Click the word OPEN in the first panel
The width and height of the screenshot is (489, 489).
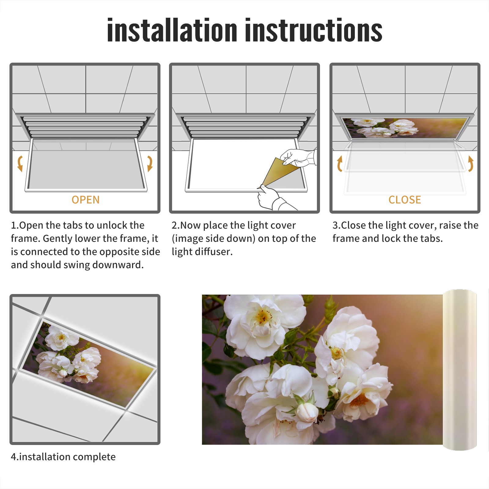pyautogui.click(x=86, y=200)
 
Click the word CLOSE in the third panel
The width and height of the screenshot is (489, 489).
pyautogui.click(x=405, y=200)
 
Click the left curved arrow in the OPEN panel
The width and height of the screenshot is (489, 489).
pyautogui.click(x=20, y=164)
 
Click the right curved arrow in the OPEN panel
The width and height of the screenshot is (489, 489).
pyautogui.click(x=150, y=164)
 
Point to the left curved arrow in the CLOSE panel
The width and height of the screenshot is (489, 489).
pyautogui.click(x=340, y=164)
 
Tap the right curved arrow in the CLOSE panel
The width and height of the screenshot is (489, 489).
pyautogui.click(x=471, y=164)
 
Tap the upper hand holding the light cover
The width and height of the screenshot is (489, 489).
pyautogui.click(x=298, y=157)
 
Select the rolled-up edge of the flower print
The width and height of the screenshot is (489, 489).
pyautogui.click(x=459, y=370)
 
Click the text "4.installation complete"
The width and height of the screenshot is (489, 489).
pyautogui.click(x=63, y=457)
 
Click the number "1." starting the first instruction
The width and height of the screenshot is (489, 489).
pyautogui.click(x=15, y=225)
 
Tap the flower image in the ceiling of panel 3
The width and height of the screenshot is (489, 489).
pyautogui.click(x=405, y=128)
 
